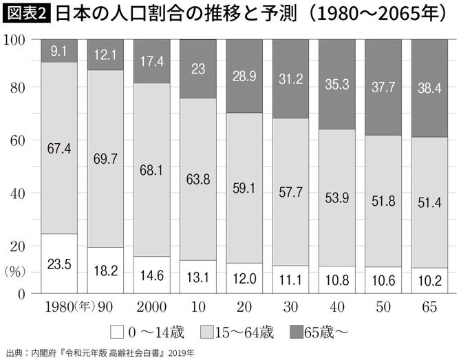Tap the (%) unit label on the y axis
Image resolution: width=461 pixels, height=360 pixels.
[x=16, y=271]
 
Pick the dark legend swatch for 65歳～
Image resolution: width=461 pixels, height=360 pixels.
[x=292, y=331]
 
